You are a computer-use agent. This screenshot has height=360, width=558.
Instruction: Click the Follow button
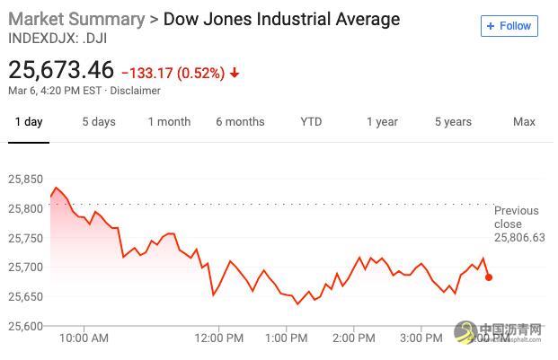(x=509, y=26)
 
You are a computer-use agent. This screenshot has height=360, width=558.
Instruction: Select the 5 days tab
(x=99, y=122)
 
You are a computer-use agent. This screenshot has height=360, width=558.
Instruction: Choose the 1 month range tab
(x=169, y=122)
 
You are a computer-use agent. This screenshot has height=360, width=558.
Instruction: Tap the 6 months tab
(x=240, y=122)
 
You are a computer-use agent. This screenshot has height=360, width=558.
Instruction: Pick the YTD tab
(x=311, y=122)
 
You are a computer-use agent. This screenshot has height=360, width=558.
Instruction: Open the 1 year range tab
(x=382, y=122)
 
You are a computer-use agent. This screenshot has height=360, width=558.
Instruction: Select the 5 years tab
(x=453, y=122)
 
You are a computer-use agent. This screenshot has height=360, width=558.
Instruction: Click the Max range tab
(x=524, y=122)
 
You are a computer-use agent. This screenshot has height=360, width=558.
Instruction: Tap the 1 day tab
(x=28, y=122)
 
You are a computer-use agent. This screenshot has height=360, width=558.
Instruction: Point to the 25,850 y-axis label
(x=24, y=180)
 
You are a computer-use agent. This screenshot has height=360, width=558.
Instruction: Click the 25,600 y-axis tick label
(x=24, y=326)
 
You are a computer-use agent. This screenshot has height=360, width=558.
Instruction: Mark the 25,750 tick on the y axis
(x=24, y=238)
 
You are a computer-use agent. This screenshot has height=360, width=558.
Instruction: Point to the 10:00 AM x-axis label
(x=84, y=339)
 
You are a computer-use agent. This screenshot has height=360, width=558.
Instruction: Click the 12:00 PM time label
(x=219, y=339)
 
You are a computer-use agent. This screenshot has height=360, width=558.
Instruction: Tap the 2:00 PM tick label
(x=353, y=339)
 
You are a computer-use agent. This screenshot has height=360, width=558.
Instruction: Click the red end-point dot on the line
(x=489, y=277)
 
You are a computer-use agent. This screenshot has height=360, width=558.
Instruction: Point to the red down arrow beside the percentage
(x=235, y=73)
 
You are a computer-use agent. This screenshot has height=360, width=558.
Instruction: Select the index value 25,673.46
(x=61, y=70)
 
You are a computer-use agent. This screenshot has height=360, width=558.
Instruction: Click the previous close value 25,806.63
(x=519, y=238)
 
